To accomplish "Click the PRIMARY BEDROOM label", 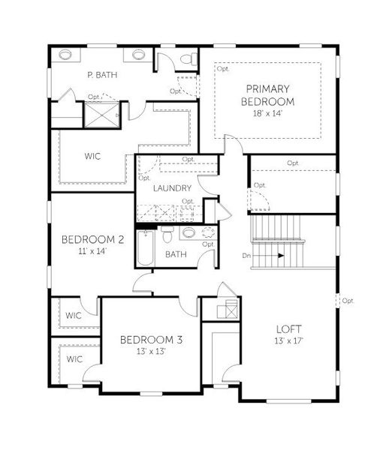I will coord(267,94).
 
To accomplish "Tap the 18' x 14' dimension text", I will coord(267,113).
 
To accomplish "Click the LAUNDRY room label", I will coord(172,188).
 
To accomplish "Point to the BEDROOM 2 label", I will coord(92,239).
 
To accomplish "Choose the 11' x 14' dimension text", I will coord(92,251).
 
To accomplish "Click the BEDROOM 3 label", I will coord(151,340).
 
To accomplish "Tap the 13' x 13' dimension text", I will coord(151,352).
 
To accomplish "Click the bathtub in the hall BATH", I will coord(146,247).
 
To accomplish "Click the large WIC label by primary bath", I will coord(93,157).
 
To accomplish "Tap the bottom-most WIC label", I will coord(74,358).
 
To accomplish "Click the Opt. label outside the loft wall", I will coord(348,301).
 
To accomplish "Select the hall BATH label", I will coord(176,254).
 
